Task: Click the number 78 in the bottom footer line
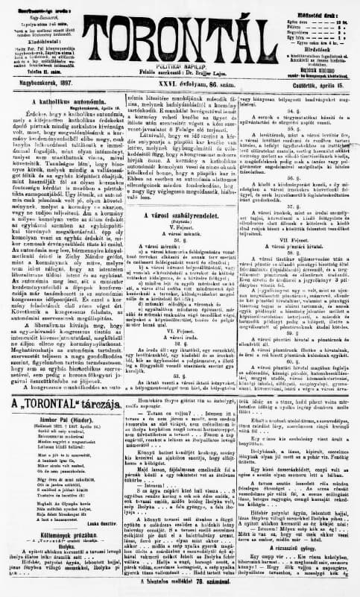coord(210,590)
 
